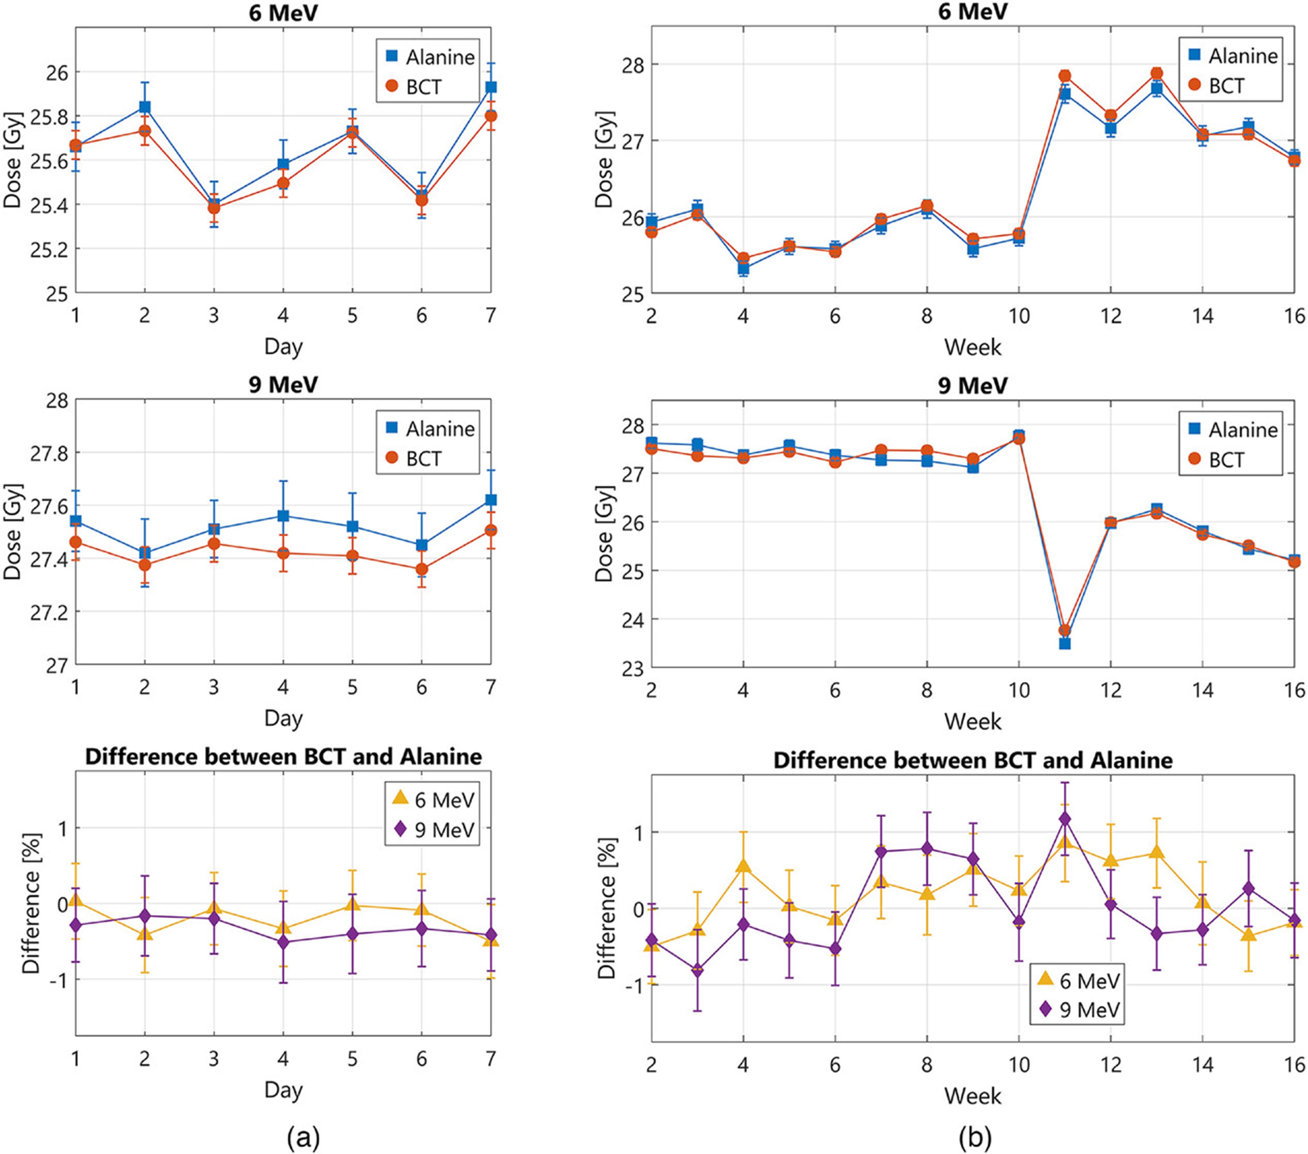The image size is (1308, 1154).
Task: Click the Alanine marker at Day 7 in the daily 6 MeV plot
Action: point(491,87)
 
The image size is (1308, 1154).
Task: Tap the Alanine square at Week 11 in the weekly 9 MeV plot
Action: point(1065,644)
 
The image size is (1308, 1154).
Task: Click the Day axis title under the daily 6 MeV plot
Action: point(283,347)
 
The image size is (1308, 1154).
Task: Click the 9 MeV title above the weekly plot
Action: point(973,386)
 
